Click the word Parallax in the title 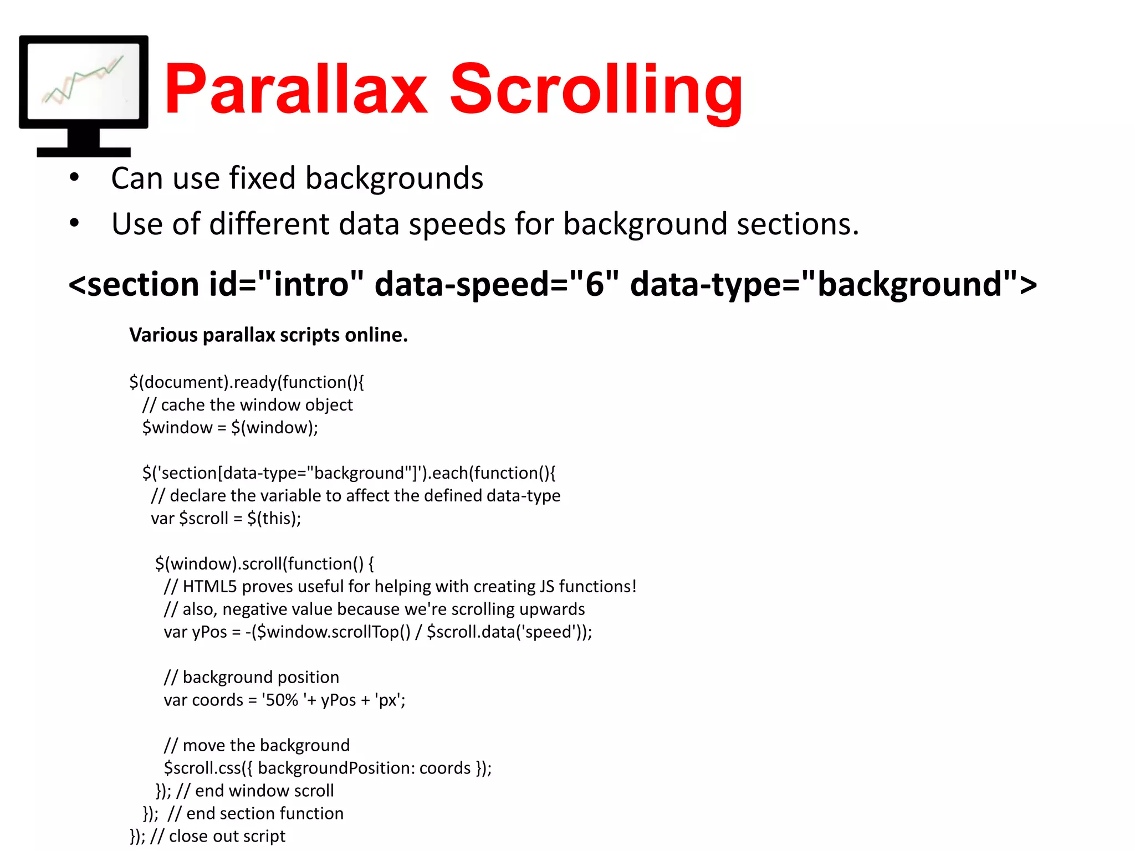click(x=295, y=90)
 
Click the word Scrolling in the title click(x=596, y=90)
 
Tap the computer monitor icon click(x=84, y=95)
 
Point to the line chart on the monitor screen click(x=83, y=80)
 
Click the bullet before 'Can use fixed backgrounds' click(x=74, y=178)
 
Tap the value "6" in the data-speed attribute click(x=594, y=284)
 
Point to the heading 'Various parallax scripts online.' click(x=268, y=335)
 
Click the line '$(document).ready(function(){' click(x=247, y=382)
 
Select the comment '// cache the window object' click(x=247, y=405)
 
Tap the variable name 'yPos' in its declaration click(x=209, y=632)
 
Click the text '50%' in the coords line click(x=282, y=700)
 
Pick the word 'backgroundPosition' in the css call click(x=336, y=768)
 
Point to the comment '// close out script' click(x=218, y=836)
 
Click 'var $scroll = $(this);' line click(x=226, y=519)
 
